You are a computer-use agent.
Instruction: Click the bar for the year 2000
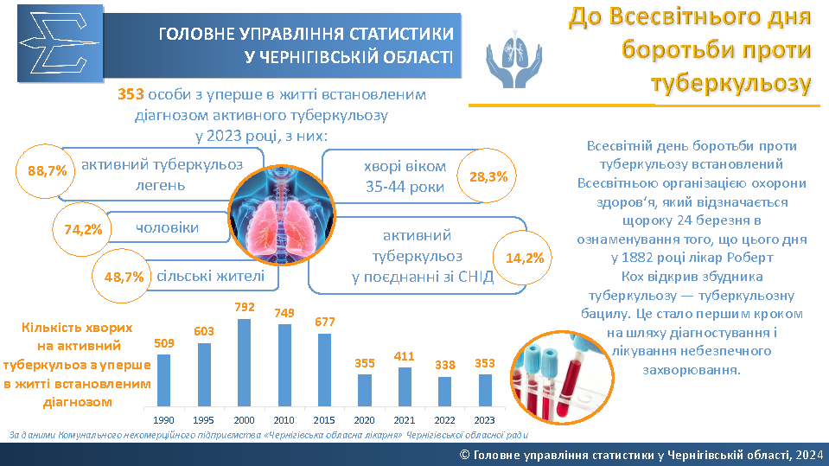click(x=245, y=363)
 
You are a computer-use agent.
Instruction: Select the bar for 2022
click(x=444, y=392)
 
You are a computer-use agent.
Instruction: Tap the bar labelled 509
click(x=164, y=380)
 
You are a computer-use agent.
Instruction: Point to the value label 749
click(x=284, y=313)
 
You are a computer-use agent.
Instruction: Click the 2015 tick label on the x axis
click(x=324, y=420)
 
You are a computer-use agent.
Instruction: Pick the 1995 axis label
click(x=203, y=420)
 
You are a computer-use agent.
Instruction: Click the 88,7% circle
click(x=46, y=171)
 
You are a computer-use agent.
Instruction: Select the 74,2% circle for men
click(x=82, y=230)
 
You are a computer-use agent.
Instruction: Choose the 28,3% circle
click(x=488, y=176)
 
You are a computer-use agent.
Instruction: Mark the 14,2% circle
click(x=523, y=258)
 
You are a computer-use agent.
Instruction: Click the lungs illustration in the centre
click(x=282, y=215)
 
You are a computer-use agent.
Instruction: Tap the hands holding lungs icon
click(x=513, y=59)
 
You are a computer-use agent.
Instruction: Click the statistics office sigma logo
click(x=61, y=43)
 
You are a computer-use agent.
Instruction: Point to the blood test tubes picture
click(x=563, y=377)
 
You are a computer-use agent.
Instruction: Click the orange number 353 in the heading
click(x=131, y=95)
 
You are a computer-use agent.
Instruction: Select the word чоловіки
click(x=168, y=228)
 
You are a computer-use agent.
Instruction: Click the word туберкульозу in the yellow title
click(x=730, y=84)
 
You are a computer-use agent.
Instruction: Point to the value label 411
click(x=404, y=356)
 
